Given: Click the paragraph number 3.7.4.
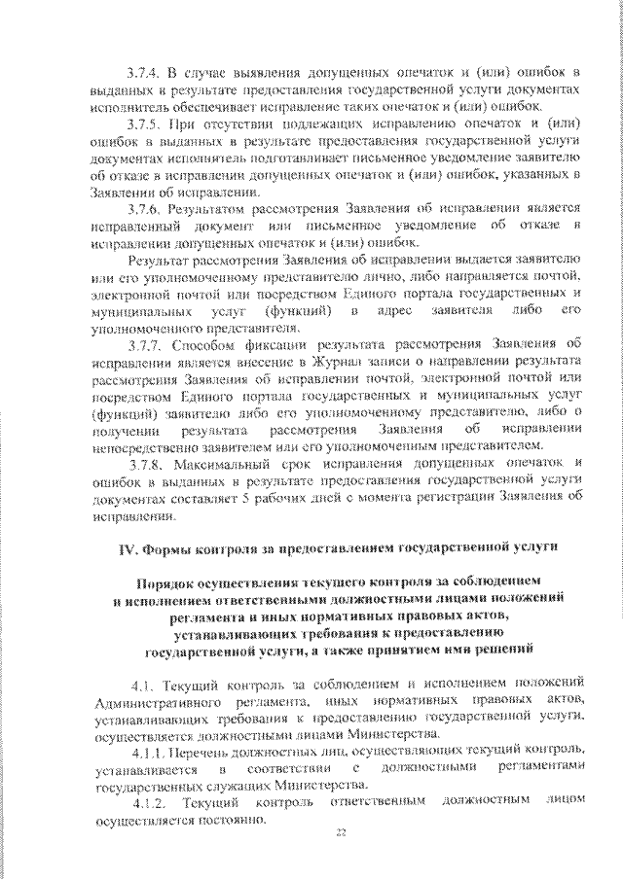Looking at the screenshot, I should tap(145, 74).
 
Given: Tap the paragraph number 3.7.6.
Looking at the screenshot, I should tap(145, 210).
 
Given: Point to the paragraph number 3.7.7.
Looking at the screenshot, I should tap(145, 344).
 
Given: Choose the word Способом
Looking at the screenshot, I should tap(203, 344).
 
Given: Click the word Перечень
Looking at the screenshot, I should tap(209, 752).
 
